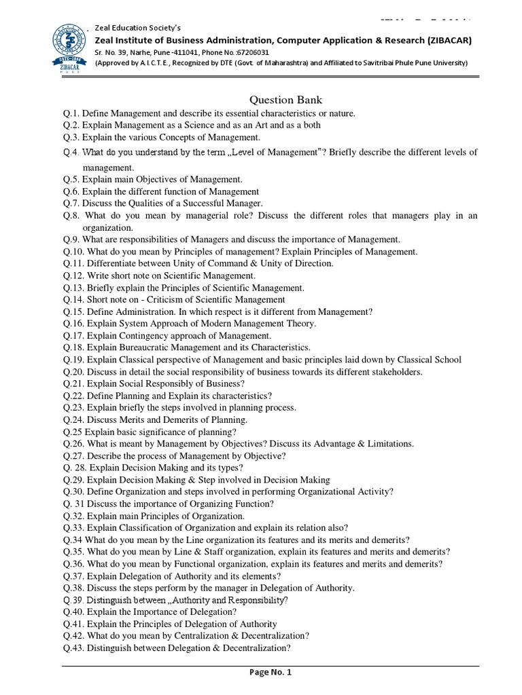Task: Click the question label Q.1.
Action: coord(71,113)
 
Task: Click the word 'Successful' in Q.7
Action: coord(203,203)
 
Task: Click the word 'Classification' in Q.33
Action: coord(144,527)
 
